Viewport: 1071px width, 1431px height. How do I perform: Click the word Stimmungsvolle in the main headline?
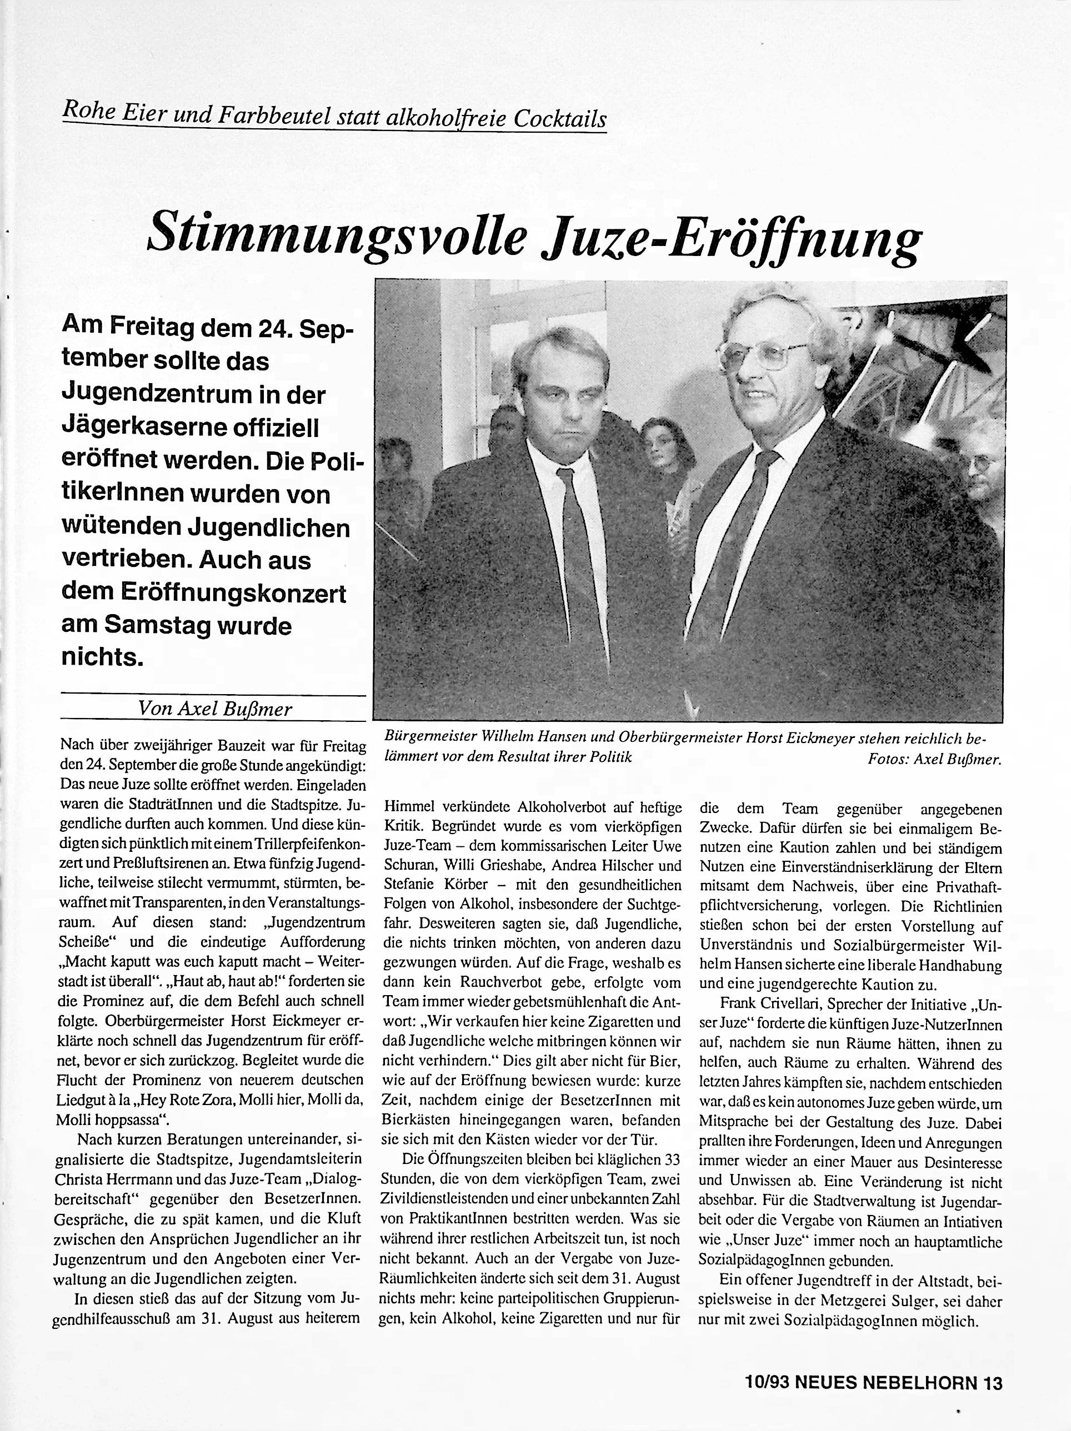coord(337,236)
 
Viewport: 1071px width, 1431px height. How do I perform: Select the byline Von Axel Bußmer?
coord(215,709)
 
